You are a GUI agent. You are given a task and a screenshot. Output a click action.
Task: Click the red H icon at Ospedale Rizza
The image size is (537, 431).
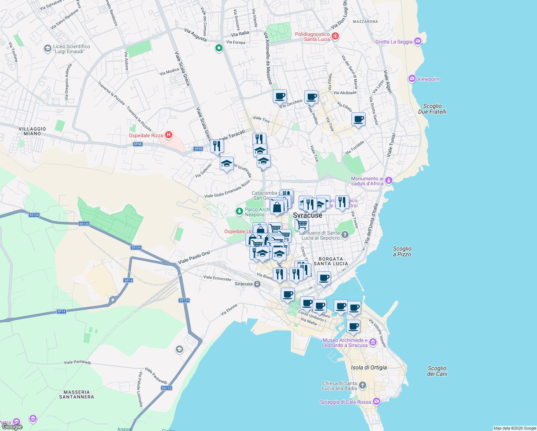click(169, 135)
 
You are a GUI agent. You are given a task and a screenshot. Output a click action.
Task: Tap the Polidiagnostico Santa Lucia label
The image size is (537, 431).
click(312, 37)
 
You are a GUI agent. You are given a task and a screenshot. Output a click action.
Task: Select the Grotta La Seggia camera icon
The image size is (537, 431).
click(417, 41)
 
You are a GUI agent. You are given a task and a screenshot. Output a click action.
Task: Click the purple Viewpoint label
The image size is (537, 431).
click(428, 79)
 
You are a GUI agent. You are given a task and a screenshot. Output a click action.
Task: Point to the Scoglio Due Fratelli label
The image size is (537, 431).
click(432, 109)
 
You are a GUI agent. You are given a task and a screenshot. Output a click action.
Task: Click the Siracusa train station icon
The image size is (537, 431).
click(257, 284)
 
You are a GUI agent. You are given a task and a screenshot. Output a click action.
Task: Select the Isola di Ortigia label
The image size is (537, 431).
click(369, 367)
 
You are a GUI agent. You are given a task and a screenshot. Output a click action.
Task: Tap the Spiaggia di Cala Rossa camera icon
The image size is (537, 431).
click(376, 401)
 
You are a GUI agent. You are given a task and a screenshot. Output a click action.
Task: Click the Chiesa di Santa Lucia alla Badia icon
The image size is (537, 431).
click(363, 385)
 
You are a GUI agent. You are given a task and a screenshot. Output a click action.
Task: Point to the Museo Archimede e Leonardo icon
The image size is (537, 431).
click(373, 342)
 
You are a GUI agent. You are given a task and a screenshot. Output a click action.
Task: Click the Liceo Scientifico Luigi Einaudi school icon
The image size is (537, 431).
click(47, 48)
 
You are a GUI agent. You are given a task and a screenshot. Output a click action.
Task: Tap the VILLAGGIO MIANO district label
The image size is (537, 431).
click(32, 131)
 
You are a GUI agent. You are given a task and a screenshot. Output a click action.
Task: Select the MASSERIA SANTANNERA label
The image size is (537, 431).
click(76, 394)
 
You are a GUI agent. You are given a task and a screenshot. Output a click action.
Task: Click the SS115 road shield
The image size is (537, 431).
click(167, 388)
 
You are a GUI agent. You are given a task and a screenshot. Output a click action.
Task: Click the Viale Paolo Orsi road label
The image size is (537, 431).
click(194, 257)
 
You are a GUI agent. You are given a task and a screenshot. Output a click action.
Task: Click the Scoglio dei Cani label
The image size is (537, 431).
click(437, 371)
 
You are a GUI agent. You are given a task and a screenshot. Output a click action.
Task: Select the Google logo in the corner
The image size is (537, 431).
click(12, 427)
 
